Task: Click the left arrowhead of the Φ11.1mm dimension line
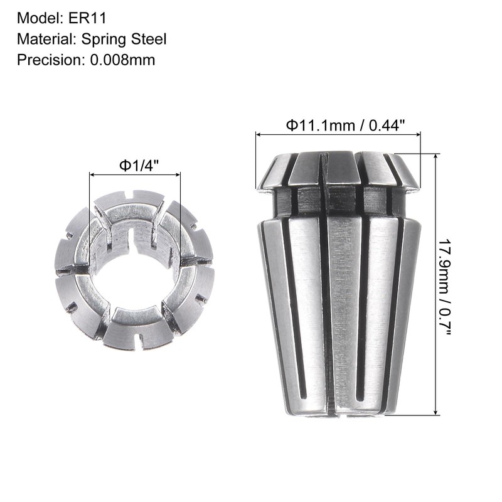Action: [x=258, y=134]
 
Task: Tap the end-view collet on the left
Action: [x=134, y=270]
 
